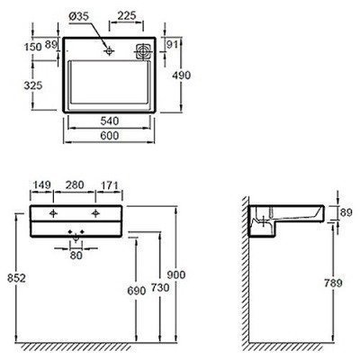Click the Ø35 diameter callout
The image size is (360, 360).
(x=78, y=16)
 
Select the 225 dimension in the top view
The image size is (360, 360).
(x=127, y=15)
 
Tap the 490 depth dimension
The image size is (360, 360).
(x=181, y=75)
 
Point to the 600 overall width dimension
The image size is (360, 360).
(x=110, y=136)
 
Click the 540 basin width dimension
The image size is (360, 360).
(x=110, y=121)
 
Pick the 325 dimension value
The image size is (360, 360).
(x=33, y=85)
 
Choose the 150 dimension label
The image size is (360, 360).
(x=33, y=47)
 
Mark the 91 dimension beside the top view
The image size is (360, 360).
(x=172, y=44)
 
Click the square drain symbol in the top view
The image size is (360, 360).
(x=144, y=51)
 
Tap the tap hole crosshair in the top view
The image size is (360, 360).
(x=109, y=51)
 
